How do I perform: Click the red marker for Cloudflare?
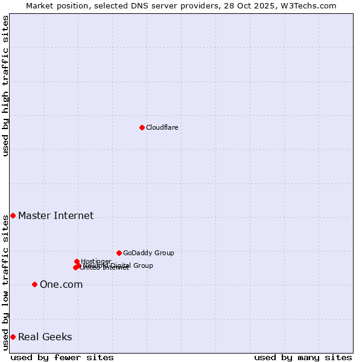(x=142, y=127)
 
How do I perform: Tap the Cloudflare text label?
(x=162, y=127)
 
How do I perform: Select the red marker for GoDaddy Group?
(x=119, y=253)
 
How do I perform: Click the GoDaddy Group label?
(x=148, y=253)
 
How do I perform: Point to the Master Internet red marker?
(x=13, y=215)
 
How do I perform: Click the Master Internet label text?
(x=56, y=215)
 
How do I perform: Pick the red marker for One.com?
(x=34, y=284)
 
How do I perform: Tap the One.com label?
(x=61, y=284)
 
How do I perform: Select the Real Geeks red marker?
(x=13, y=337)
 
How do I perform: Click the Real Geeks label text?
(x=45, y=337)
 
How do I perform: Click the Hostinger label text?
(x=96, y=261)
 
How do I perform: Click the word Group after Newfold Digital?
(x=143, y=265)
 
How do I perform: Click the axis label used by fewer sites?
(x=62, y=357)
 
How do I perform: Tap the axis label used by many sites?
(x=303, y=357)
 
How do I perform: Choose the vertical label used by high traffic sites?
(x=5, y=86)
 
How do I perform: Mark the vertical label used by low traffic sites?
(x=5, y=282)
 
